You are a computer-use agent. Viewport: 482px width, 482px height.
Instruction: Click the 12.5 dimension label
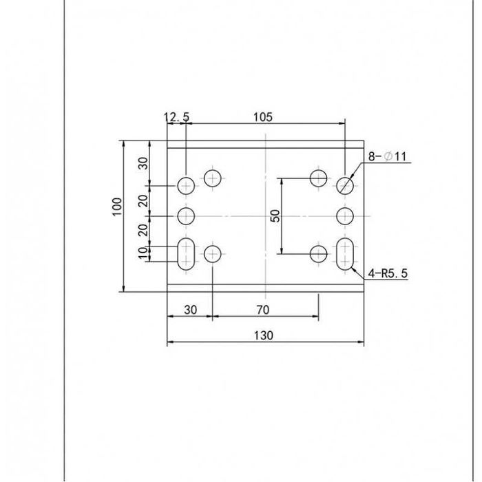click(x=177, y=117)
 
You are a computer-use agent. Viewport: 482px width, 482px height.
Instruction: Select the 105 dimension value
click(x=263, y=117)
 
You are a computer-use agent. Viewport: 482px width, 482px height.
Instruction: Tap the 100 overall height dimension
click(x=117, y=207)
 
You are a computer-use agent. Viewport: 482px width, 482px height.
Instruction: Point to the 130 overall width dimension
click(x=264, y=335)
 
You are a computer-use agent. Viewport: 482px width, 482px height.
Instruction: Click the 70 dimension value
click(x=263, y=310)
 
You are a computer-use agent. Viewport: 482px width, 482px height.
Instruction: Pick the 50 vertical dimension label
click(x=275, y=216)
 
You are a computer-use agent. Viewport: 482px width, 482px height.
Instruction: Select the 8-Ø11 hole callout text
click(x=387, y=157)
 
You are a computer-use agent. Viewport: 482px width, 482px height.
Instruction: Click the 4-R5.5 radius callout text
click(x=388, y=273)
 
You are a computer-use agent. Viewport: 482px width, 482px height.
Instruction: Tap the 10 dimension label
click(x=143, y=253)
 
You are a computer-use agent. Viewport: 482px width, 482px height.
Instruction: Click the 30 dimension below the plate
click(x=191, y=310)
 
